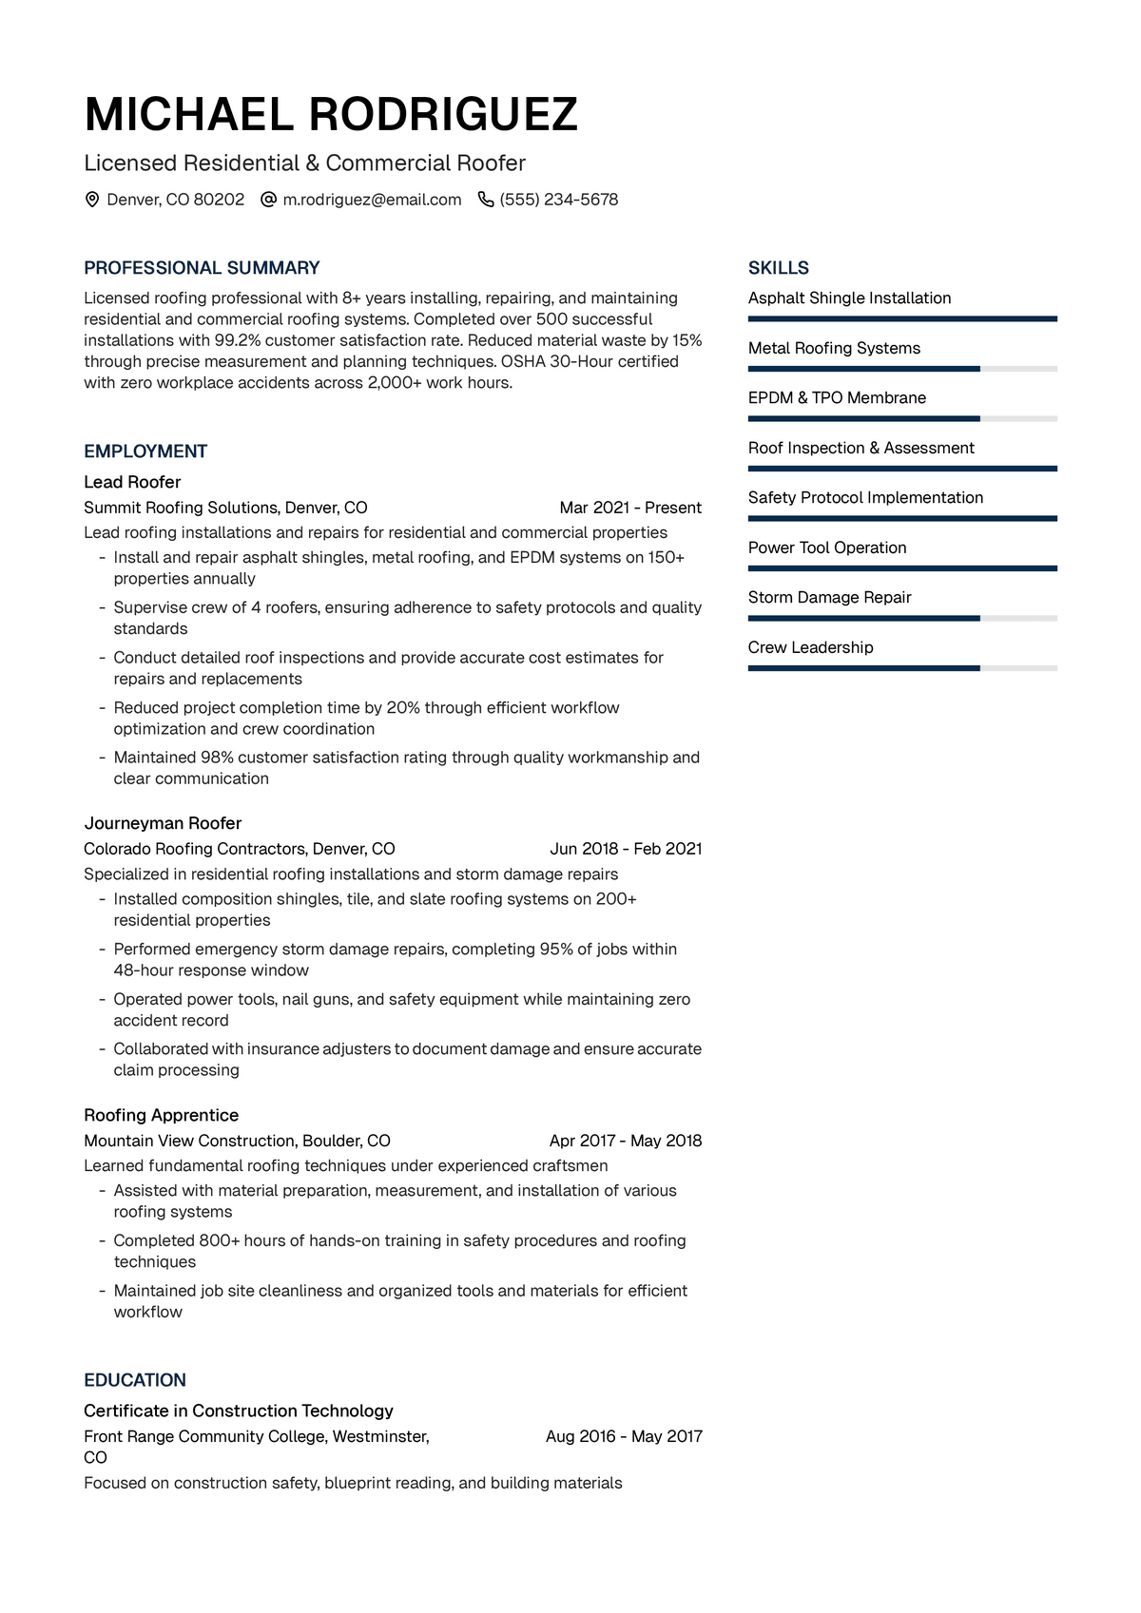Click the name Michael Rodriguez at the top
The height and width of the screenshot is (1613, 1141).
(331, 115)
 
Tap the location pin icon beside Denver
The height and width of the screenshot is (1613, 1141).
(92, 200)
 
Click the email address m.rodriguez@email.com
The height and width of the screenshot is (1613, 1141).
(372, 200)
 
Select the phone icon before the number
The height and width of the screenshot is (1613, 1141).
(486, 200)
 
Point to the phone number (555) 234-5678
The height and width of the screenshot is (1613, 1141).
(559, 200)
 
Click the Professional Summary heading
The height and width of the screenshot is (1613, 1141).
(202, 268)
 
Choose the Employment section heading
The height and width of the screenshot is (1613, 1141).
(145, 451)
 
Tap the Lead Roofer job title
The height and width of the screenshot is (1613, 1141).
(132, 482)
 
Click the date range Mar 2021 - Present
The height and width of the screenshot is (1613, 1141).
(630, 508)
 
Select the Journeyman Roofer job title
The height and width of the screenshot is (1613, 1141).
(163, 823)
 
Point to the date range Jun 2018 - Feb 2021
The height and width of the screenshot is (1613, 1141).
(626, 849)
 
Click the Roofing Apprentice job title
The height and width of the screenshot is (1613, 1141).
(161, 1115)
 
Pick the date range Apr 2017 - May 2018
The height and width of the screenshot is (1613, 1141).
(626, 1141)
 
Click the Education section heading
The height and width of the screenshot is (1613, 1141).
(135, 1380)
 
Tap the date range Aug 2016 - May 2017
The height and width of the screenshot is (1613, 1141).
(624, 1436)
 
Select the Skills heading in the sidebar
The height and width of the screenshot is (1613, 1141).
(779, 268)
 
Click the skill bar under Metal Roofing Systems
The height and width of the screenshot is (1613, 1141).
(902, 369)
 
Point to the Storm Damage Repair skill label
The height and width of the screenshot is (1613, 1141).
(829, 597)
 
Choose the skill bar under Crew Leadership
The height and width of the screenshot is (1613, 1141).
(902, 668)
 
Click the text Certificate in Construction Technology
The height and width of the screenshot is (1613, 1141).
(239, 1411)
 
